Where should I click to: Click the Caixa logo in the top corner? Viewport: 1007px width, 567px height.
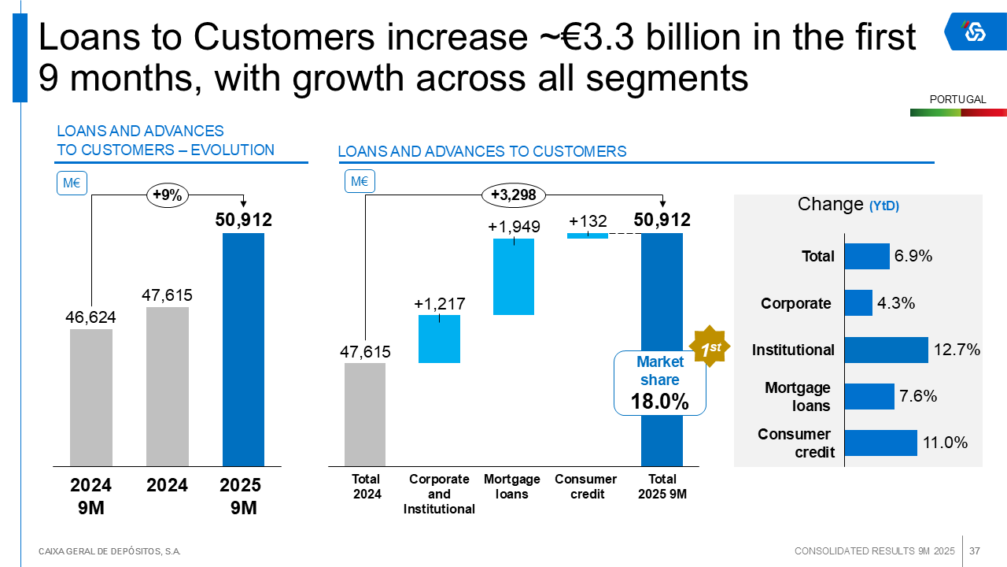pos(975,31)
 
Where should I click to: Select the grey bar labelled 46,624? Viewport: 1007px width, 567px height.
pos(91,398)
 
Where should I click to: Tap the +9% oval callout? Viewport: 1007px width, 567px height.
pos(167,196)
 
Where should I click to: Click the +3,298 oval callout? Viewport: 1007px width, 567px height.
pos(513,195)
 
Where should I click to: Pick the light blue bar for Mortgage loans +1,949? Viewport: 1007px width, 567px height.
pos(513,276)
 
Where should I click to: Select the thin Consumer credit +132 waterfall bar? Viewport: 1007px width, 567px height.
pos(588,235)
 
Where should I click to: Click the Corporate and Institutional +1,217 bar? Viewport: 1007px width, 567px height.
pos(439,339)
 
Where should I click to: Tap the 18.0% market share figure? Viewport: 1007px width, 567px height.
pos(659,402)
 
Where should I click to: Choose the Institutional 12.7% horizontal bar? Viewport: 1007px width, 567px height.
pos(886,350)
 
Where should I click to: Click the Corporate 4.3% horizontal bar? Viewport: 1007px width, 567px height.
pos(858,303)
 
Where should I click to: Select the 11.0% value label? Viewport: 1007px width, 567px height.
pos(945,443)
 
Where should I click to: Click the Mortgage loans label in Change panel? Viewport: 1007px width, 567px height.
pos(798,396)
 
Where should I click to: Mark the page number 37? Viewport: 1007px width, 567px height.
pos(974,550)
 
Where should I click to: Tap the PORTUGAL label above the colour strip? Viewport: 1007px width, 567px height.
pos(957,100)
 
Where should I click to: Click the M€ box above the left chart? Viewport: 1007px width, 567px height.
pos(72,183)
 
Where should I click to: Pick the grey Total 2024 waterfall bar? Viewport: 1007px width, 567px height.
pos(365,414)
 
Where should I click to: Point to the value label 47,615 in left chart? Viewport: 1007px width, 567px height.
pos(167,295)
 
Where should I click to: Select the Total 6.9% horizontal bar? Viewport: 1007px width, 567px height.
pos(867,256)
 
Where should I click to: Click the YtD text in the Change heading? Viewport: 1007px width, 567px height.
pos(884,206)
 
